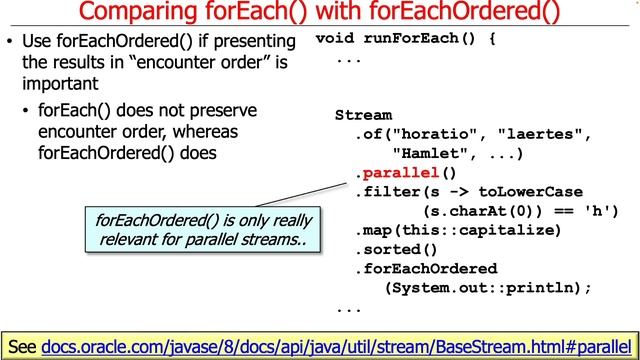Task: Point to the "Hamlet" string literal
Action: pyautogui.click(x=431, y=154)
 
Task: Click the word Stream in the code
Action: pyautogui.click(x=363, y=116)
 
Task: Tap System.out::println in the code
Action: pyautogui.click(x=480, y=287)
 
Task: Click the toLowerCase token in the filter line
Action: pyautogui.click(x=530, y=192)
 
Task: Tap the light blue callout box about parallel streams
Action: pyautogui.click(x=203, y=229)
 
